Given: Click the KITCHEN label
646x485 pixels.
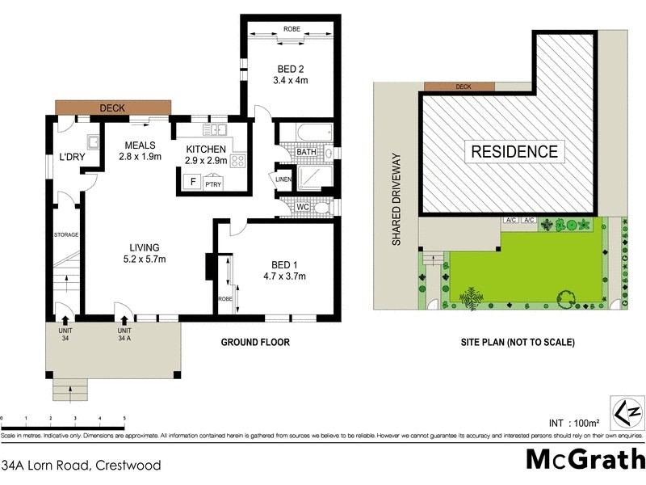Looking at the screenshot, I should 207,150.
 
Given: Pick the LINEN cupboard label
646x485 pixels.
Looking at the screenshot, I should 283,179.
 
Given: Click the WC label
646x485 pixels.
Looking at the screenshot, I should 303,208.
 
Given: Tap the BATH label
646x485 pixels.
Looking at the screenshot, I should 306,152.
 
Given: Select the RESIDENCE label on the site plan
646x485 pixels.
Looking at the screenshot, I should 514,151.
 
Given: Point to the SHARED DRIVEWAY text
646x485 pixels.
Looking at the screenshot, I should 396,200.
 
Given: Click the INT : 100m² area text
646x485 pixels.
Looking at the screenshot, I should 573,423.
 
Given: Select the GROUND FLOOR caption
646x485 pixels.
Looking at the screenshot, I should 255,342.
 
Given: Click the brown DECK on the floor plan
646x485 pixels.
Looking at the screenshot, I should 113,108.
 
